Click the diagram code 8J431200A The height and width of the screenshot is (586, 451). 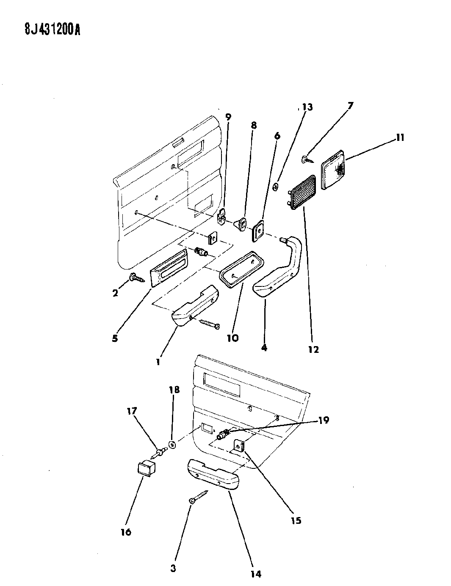(x=53, y=29)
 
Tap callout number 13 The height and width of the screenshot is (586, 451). (x=307, y=107)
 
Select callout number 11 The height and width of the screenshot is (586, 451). (x=400, y=138)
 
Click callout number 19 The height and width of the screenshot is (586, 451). (x=324, y=420)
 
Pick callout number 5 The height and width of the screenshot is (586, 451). (x=115, y=338)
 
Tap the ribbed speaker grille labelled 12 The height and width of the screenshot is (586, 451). (x=302, y=192)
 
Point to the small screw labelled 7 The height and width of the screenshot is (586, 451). (x=307, y=160)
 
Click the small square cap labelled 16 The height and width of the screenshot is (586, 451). (x=146, y=469)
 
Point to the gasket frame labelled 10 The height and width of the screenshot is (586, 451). (x=241, y=270)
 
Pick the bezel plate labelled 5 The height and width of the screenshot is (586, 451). (x=169, y=268)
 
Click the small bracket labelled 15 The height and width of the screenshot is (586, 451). (x=239, y=447)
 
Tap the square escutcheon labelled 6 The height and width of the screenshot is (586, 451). (x=258, y=231)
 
